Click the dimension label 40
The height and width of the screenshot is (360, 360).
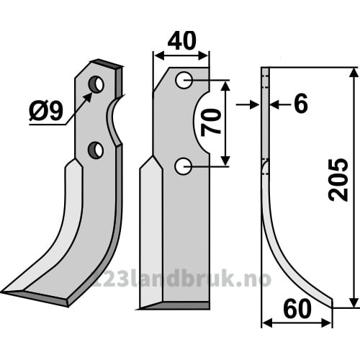pos(182,41)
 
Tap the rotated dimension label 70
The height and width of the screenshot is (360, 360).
pos(211,122)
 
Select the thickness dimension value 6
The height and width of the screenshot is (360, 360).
pos(301,104)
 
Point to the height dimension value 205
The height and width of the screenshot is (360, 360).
pos(338,180)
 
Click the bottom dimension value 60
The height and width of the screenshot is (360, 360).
pos(297,310)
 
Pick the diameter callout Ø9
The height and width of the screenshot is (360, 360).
pos(46,111)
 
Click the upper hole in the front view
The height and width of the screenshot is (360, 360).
pos(184,80)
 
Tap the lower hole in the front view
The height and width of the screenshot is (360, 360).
pos(184,166)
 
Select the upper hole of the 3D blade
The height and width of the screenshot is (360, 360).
pos(96,85)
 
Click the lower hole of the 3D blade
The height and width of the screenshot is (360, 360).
pos(96,150)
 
